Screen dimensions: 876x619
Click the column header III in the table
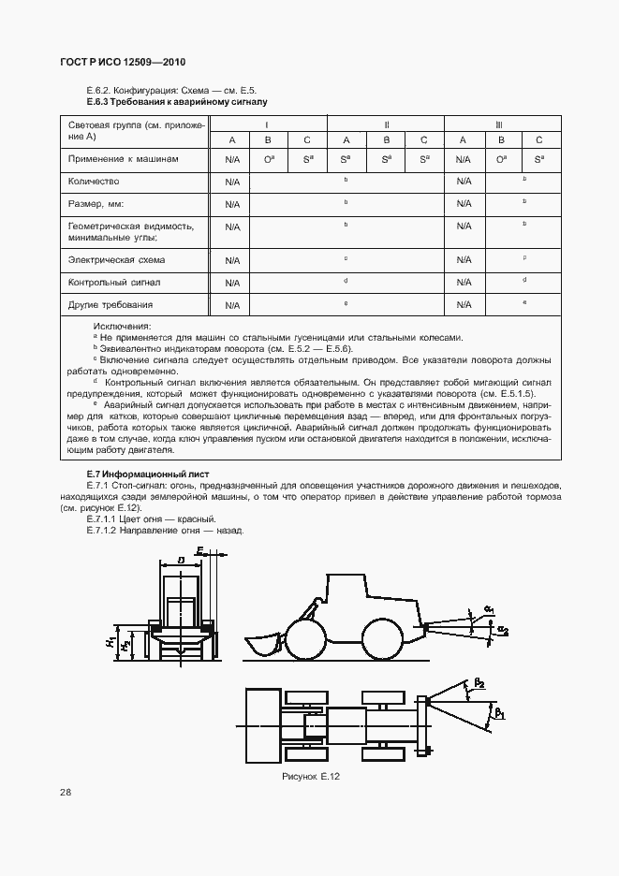502,124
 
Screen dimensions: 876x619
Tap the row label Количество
94,181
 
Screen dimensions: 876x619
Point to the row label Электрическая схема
111,259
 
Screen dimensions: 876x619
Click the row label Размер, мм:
96,203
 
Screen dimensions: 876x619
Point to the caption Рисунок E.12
313,778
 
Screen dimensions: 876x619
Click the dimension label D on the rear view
179,562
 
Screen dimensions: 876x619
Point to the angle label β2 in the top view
479,684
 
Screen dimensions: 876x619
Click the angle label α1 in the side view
490,609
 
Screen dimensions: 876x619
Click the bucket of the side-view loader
265,646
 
